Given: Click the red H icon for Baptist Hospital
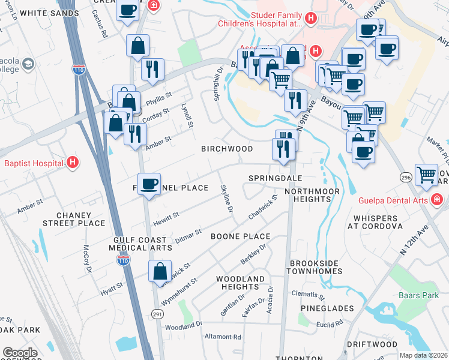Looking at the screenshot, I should tap(73, 163).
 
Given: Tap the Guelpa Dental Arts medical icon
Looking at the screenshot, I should tap(438, 199).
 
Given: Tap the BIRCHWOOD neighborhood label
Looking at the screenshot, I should tap(226, 148).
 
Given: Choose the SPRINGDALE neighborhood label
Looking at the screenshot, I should tap(275, 178).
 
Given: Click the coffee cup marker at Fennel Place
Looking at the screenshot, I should tap(149, 184).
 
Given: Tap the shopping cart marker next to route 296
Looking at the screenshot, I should tap(426, 175).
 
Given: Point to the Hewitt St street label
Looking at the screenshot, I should tap(167, 216).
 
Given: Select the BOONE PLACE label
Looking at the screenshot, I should tap(240, 236).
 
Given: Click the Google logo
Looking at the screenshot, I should tap(20, 353).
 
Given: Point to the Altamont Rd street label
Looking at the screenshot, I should tap(222, 337).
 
